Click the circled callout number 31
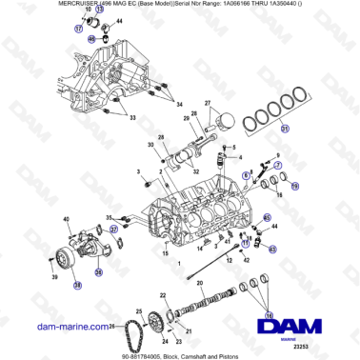tap(285, 130)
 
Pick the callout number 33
tap(133, 119)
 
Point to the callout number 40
tap(67, 221)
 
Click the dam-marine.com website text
tap(52, 326)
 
